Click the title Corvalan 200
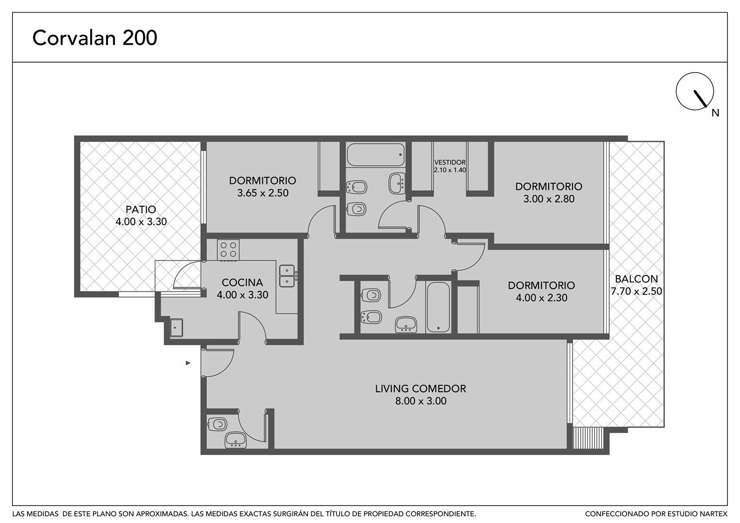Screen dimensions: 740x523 94,38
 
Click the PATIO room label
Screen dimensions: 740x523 141,209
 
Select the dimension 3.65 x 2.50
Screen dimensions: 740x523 262,193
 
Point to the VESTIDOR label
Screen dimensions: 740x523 449,163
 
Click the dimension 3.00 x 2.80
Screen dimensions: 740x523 549,199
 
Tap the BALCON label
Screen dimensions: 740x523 636,279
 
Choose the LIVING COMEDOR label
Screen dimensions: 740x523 420,388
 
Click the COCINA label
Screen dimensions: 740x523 242,282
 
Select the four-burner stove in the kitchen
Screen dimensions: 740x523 228,250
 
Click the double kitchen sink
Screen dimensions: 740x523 287,276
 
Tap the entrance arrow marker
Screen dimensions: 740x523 188,363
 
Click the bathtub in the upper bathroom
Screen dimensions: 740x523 376,154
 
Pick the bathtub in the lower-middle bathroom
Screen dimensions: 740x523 438,307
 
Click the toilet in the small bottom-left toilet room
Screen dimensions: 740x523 216,424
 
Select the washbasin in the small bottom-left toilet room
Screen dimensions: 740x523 235,440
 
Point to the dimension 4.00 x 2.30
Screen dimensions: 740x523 541,298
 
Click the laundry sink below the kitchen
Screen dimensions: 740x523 176,327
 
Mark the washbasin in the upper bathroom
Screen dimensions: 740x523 397,184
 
